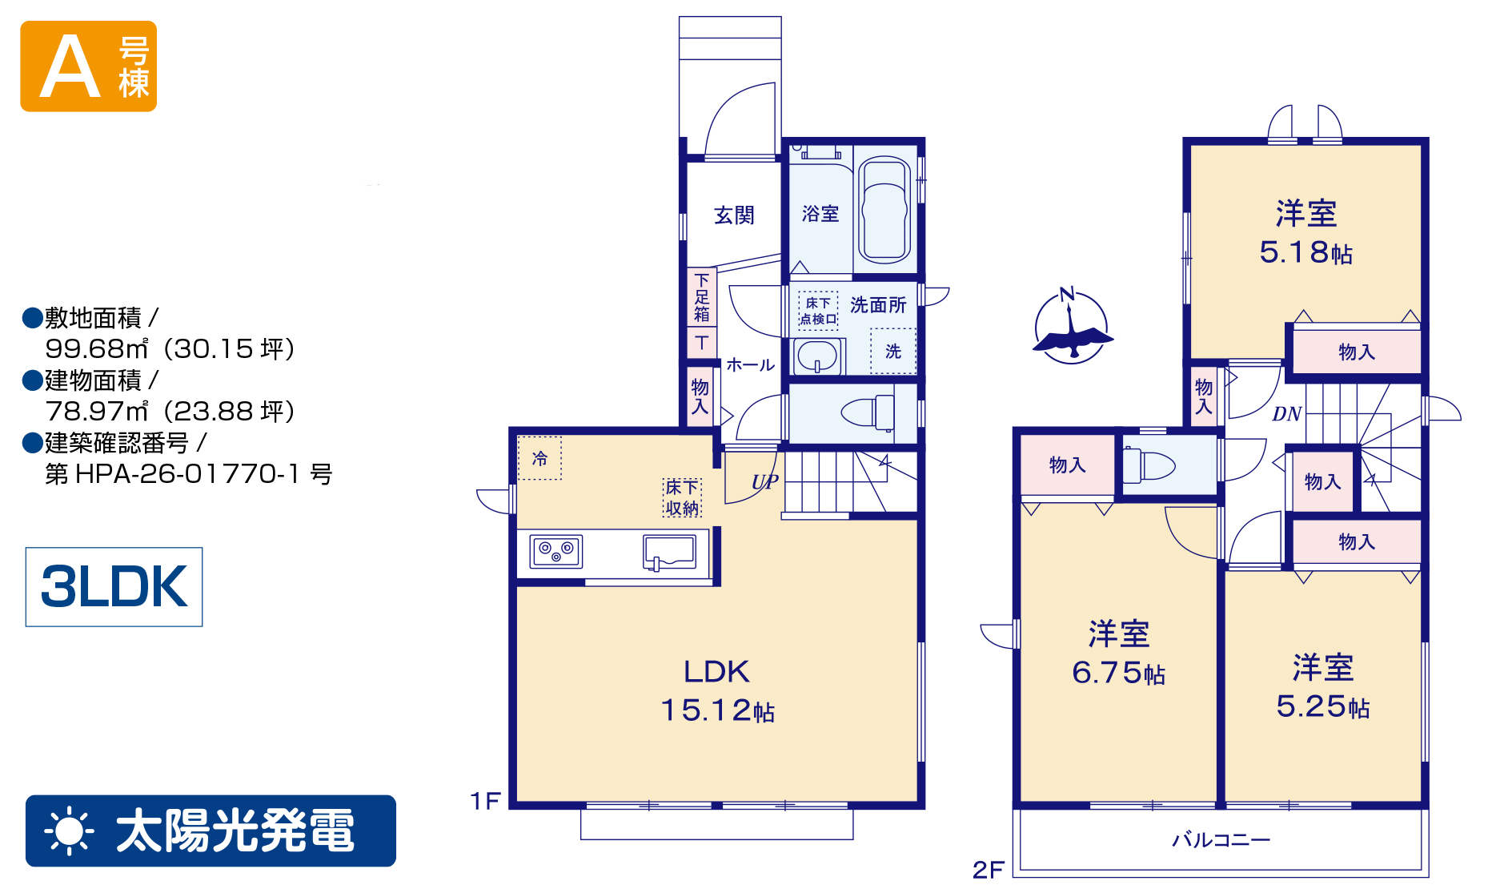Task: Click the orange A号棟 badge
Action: coord(88,66)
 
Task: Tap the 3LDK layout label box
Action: coord(114,586)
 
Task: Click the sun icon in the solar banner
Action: coord(70,831)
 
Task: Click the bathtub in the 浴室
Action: coord(885,209)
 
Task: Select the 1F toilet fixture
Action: coord(868,412)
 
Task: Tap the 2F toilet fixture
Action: coord(1149,465)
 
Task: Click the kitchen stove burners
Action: coord(555,551)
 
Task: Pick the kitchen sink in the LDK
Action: coord(670,552)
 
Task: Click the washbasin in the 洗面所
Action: coord(818,356)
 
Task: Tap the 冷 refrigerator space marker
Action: coord(539,458)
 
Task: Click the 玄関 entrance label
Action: coord(734,215)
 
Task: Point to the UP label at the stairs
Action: coord(764,481)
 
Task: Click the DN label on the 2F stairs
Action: coord(1287,413)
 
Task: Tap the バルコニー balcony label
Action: coord(1221,839)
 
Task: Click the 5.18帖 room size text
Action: coord(1306,252)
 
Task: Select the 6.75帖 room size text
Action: coord(1118,673)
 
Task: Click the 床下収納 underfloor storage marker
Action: coord(682,497)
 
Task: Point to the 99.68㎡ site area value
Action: coord(97,348)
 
